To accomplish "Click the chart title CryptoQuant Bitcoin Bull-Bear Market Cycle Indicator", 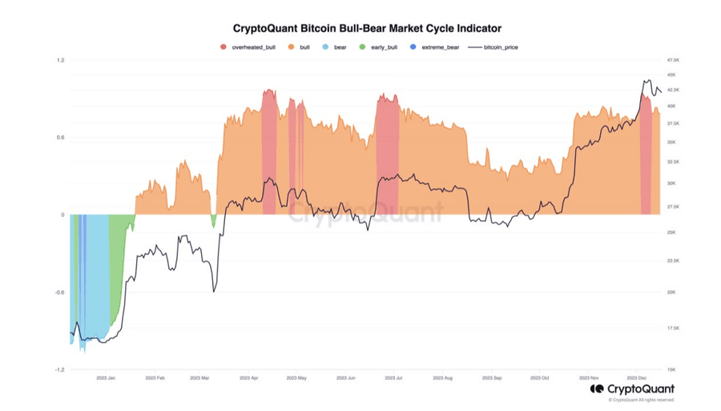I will [366, 28].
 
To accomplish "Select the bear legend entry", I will [335, 47].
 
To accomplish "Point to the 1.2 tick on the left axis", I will [61, 60].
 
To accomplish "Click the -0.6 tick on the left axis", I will [59, 292].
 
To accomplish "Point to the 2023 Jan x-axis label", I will [107, 377].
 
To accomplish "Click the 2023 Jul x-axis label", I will [393, 377].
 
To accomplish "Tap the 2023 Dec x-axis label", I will [638, 377].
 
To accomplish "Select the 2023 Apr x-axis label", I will [249, 377].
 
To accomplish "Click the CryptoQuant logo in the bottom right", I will [632, 389].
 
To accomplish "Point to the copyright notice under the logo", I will [641, 399].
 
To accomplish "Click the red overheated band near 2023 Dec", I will [645, 160].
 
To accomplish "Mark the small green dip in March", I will [213, 220].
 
